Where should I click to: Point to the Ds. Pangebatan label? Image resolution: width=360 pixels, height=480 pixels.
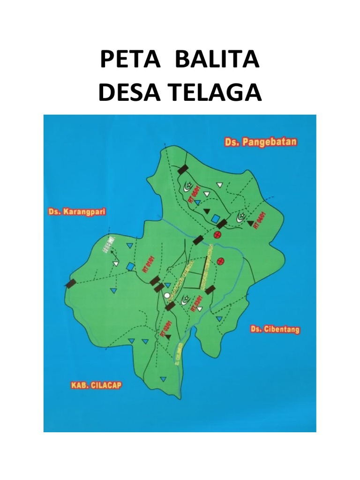click(x=260, y=142)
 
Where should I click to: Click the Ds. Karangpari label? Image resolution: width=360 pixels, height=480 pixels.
click(x=77, y=211)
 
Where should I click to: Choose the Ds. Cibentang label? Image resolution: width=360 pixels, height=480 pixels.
click(x=275, y=329)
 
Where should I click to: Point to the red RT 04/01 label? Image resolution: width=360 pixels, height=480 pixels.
click(x=256, y=220)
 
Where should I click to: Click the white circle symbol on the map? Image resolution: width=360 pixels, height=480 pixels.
click(x=167, y=295)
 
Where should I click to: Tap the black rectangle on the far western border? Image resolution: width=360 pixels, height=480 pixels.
click(x=70, y=283)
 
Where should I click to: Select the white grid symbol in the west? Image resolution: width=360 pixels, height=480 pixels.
click(x=111, y=242)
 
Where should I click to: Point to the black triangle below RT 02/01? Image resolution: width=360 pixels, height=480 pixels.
click(x=168, y=336)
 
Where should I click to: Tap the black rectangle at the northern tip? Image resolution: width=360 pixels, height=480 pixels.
click(x=183, y=169)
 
